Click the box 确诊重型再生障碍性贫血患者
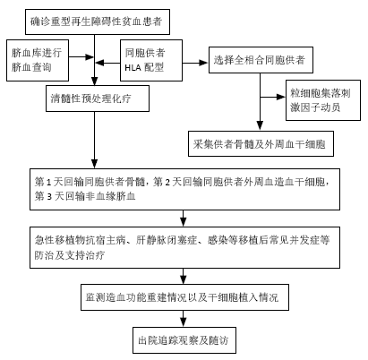98,21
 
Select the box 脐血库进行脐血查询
38,60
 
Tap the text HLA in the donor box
133,68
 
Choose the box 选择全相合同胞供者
261,60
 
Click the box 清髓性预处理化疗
98,99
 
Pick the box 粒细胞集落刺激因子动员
323,100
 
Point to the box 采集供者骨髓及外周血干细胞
261,143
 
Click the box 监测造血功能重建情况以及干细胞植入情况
184,297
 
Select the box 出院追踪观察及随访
184,340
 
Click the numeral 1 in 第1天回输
49,182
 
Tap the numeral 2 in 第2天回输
167,182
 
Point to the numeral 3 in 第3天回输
49,197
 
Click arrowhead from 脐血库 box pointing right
90,56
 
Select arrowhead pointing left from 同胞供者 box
99,63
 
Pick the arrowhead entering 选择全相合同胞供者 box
204,63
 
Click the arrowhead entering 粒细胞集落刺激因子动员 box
281,97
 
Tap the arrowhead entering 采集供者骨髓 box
260,125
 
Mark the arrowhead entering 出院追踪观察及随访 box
184,322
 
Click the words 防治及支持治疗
70,255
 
